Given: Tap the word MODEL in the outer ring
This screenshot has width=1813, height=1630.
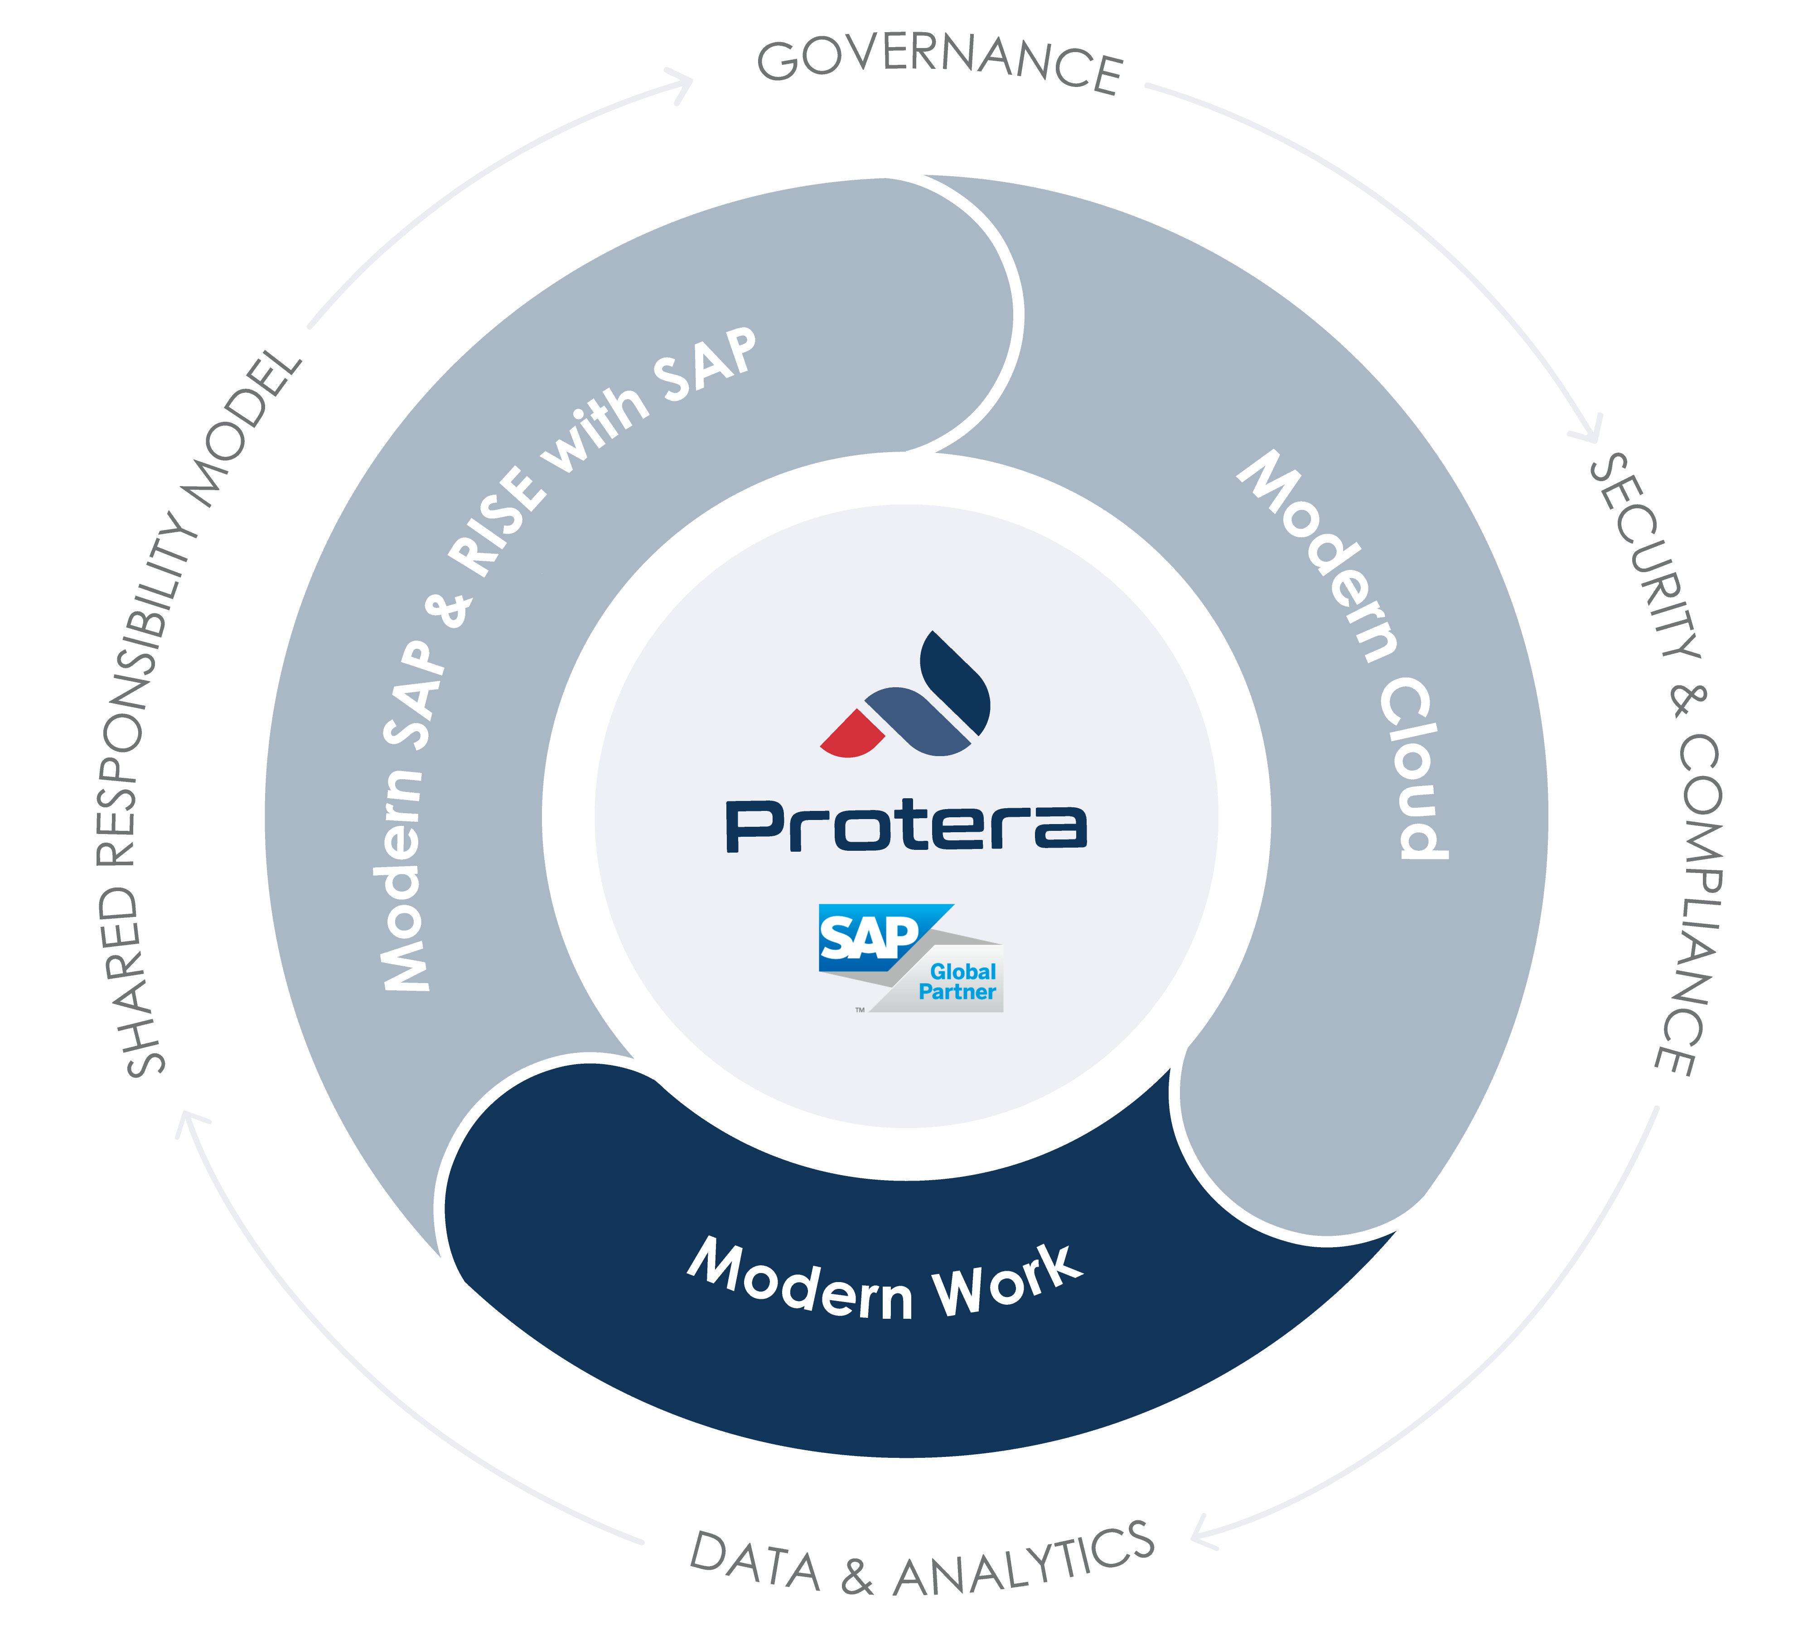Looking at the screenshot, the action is (242, 430).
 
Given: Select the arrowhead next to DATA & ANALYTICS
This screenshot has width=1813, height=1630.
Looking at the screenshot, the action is (1205, 1533).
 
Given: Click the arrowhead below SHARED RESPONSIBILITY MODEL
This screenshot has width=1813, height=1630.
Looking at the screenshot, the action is (191, 1124).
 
